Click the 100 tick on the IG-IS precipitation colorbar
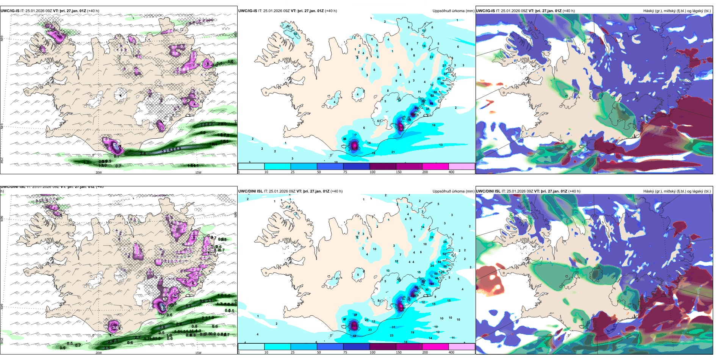tap(373, 172)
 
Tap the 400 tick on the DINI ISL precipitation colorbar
tap(451, 352)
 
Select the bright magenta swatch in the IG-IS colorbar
tap(435, 166)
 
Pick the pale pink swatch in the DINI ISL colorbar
tap(461, 347)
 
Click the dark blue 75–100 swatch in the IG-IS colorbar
tap(356, 166)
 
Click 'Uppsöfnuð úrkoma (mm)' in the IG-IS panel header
tap(453, 11)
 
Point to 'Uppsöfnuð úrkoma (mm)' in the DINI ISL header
tap(453, 191)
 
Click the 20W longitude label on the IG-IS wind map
tap(99, 172)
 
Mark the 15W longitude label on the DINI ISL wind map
tap(198, 353)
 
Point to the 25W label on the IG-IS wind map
tap(2, 160)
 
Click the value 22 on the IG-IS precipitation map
tap(431, 57)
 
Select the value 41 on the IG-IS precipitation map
tap(439, 79)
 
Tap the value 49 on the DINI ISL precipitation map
tap(354, 336)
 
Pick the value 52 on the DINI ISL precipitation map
tap(444, 254)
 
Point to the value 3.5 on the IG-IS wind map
tap(58, 34)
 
